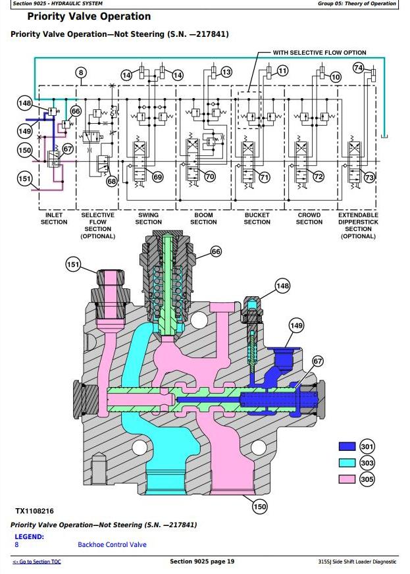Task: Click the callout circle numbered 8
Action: [x=81, y=73]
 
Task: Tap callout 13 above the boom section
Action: [x=226, y=72]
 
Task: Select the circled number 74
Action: [x=359, y=67]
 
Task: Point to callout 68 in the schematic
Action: [x=111, y=181]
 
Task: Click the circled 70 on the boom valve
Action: [x=210, y=176]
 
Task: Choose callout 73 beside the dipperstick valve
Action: [x=369, y=177]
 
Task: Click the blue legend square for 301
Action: [x=347, y=447]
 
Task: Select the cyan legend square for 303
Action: [x=347, y=463]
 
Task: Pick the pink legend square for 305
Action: [x=347, y=480]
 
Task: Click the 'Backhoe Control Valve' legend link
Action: [x=112, y=544]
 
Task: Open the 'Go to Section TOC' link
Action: [x=37, y=561]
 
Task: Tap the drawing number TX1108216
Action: [x=35, y=511]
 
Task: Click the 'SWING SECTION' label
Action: [x=149, y=219]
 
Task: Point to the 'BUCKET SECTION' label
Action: [x=257, y=219]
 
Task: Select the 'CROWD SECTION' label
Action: [x=309, y=219]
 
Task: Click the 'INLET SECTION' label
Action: [x=54, y=219]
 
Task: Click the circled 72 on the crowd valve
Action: [x=319, y=176]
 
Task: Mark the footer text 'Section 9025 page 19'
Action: [x=202, y=561]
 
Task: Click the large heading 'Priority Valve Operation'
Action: [x=89, y=16]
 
